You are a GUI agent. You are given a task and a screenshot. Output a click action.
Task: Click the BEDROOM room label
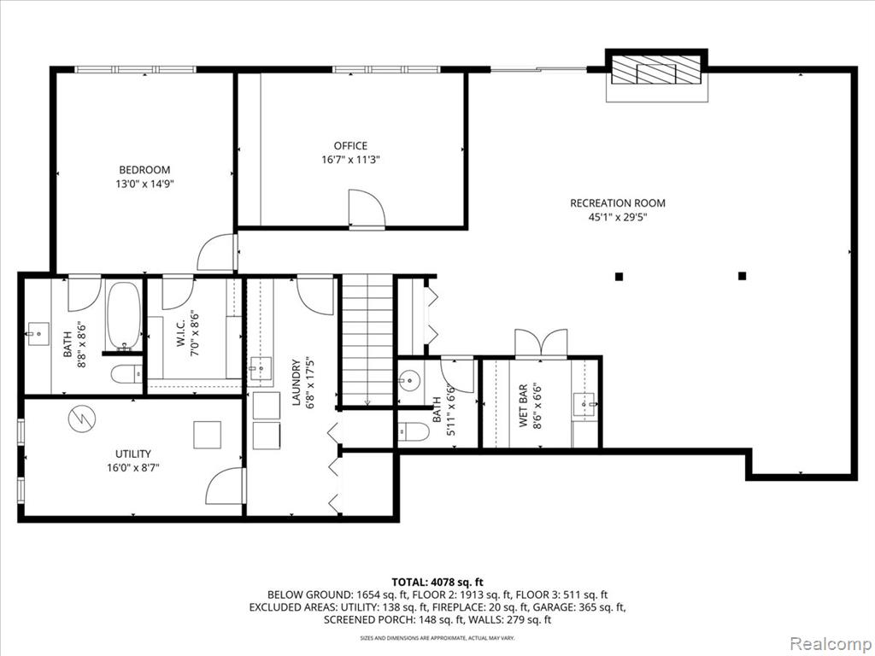(144, 170)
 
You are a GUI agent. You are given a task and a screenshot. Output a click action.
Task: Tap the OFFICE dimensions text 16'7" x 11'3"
(350, 160)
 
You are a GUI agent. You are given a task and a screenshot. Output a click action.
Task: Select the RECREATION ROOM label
(618, 203)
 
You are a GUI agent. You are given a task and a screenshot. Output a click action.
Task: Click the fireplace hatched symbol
(656, 70)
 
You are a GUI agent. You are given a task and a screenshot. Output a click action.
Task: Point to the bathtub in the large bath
(124, 316)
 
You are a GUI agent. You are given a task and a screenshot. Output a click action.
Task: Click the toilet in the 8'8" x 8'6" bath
(126, 374)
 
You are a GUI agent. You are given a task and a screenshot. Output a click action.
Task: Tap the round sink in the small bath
(409, 382)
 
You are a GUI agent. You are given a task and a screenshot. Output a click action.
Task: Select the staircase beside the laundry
(367, 340)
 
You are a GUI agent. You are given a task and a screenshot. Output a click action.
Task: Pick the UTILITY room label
(132, 454)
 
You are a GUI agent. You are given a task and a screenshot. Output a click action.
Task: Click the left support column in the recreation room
(619, 276)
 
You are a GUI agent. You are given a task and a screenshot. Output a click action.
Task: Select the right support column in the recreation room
(743, 276)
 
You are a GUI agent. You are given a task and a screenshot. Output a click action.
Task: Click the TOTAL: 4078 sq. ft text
(437, 583)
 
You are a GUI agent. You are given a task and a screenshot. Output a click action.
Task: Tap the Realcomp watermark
(830, 643)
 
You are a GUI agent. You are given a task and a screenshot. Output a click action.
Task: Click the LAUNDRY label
(297, 382)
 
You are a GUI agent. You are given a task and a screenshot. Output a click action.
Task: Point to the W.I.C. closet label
(181, 333)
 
